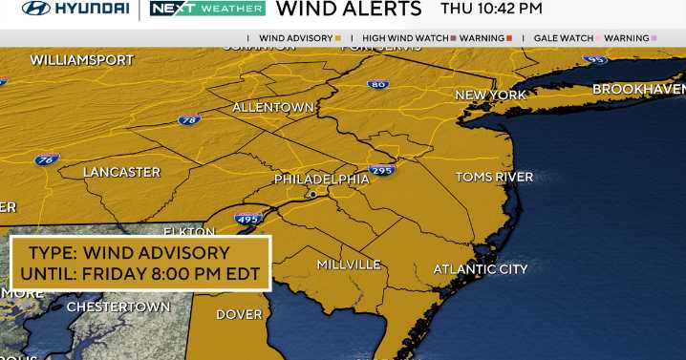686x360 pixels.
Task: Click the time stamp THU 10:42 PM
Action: [490, 10]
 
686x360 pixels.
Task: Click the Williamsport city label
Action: [81, 59]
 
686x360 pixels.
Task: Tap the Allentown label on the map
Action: [273, 107]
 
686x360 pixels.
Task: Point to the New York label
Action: [491, 95]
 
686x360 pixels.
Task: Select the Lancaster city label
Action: [121, 172]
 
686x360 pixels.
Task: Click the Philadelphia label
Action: [321, 179]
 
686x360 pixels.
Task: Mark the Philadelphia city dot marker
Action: [311, 194]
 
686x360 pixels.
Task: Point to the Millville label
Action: [349, 264]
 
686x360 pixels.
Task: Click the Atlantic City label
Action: [480, 269]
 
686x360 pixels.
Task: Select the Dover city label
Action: [239, 314]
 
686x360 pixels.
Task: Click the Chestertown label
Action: [118, 307]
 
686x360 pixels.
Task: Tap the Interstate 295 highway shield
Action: [381, 170]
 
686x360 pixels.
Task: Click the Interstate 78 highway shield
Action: [189, 121]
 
